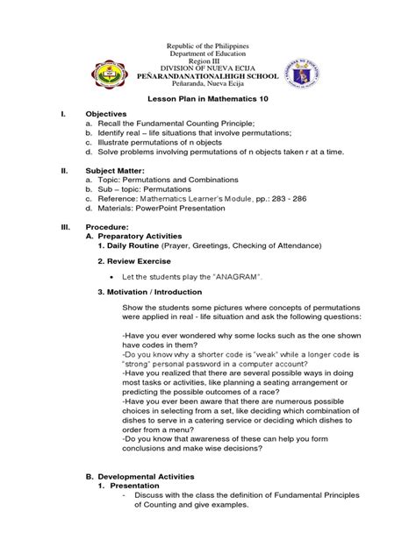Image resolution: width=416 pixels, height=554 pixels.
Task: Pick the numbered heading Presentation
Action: coord(133,486)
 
